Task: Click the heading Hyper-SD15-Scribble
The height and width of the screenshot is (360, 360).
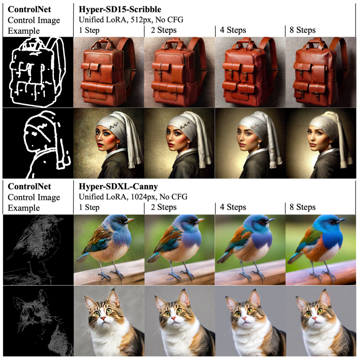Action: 120,9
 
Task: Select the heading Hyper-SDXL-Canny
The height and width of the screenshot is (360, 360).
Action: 118,186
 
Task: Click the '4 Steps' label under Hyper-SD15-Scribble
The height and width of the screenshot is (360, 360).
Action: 233,30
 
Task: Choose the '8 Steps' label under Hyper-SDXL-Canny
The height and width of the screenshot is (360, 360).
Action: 302,207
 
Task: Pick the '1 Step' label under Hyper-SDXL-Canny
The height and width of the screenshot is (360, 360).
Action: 89,207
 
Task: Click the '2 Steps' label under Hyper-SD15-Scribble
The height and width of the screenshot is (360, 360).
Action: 164,30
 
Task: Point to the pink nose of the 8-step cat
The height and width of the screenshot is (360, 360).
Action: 315,318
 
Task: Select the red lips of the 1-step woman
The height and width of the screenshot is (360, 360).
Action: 100,145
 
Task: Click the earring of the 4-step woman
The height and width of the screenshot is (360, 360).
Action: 259,145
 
